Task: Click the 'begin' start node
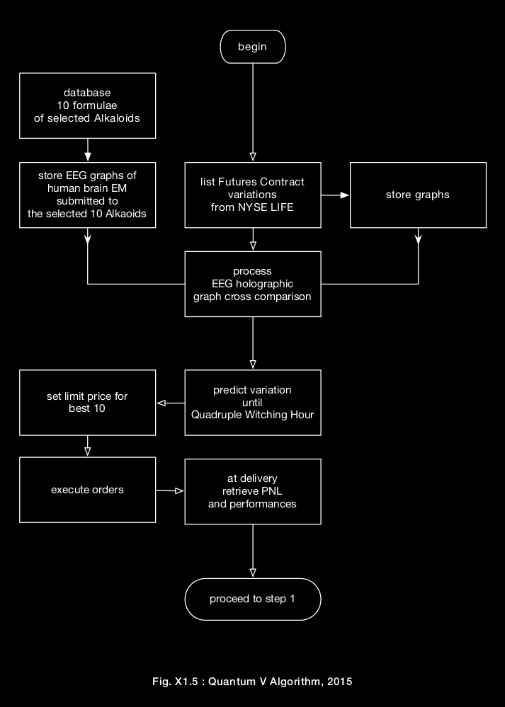point(253,47)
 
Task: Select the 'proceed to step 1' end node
point(253,599)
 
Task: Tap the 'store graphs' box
point(418,195)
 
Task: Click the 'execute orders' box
point(87,490)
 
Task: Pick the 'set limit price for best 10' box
point(87,403)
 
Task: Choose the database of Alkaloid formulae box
point(87,105)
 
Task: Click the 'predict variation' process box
point(253,403)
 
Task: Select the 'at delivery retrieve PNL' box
point(253,492)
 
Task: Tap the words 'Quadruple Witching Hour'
point(253,415)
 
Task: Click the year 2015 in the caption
point(340,682)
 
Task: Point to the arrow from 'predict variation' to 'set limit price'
point(171,403)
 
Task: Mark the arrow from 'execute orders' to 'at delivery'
point(170,490)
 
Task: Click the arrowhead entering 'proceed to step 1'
point(253,572)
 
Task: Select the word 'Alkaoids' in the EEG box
point(132,214)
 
